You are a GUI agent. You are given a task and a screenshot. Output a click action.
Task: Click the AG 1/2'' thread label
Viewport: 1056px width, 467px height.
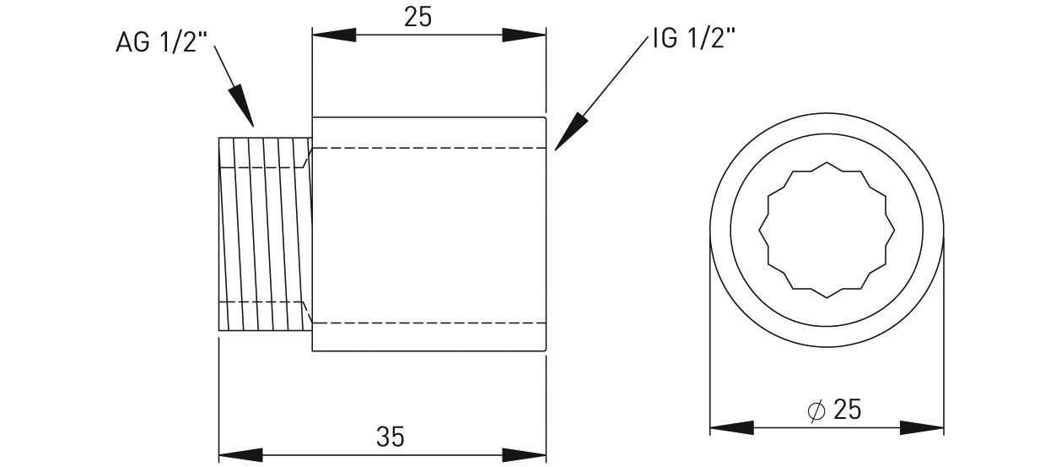(x=162, y=42)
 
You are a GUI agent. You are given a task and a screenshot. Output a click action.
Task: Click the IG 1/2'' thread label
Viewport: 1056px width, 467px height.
(x=694, y=38)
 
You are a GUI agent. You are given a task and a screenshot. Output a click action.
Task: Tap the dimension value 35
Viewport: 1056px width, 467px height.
(x=391, y=437)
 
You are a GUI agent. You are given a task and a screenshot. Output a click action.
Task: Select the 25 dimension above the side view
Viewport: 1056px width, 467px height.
(x=418, y=18)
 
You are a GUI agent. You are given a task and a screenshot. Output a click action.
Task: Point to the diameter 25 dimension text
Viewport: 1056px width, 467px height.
(x=834, y=409)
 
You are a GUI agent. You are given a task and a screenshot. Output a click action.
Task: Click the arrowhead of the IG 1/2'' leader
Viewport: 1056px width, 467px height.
(x=571, y=132)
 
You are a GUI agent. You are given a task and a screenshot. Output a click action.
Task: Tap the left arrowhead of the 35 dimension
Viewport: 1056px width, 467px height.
(x=240, y=455)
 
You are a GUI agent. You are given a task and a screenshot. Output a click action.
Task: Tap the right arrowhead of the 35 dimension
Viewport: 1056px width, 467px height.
(x=524, y=455)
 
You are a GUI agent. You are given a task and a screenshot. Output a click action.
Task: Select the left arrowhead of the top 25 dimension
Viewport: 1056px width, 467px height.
(x=334, y=35)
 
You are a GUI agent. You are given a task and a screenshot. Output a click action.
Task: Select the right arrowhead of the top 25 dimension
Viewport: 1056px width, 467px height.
(x=524, y=35)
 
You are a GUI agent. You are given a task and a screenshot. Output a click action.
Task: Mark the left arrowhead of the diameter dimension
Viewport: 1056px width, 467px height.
(x=731, y=428)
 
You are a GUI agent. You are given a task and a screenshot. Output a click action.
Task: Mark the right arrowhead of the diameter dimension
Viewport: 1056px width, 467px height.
(x=922, y=428)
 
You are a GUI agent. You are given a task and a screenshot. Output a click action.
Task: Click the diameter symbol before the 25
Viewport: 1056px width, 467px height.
(x=816, y=410)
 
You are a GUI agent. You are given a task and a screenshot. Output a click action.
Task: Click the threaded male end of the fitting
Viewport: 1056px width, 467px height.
(x=265, y=234)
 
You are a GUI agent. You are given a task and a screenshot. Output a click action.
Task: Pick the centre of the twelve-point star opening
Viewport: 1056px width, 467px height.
(x=827, y=230)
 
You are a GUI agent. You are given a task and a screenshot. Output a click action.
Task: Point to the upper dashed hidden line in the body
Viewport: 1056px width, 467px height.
(x=429, y=149)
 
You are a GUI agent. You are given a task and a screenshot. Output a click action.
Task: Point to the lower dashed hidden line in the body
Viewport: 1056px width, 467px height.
(x=429, y=323)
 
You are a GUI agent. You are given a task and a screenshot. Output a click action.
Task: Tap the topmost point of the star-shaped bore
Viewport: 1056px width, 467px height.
(x=827, y=162)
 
